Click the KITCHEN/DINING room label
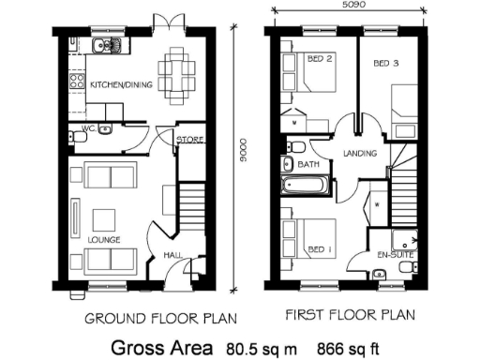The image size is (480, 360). click(119, 85)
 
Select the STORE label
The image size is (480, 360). click(190, 140)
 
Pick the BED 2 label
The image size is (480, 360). click(321, 59)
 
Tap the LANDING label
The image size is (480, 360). click(361, 153)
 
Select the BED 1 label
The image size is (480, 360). click(320, 248)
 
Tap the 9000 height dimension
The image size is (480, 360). click(242, 154)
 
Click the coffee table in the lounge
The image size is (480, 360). click(103, 218)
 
